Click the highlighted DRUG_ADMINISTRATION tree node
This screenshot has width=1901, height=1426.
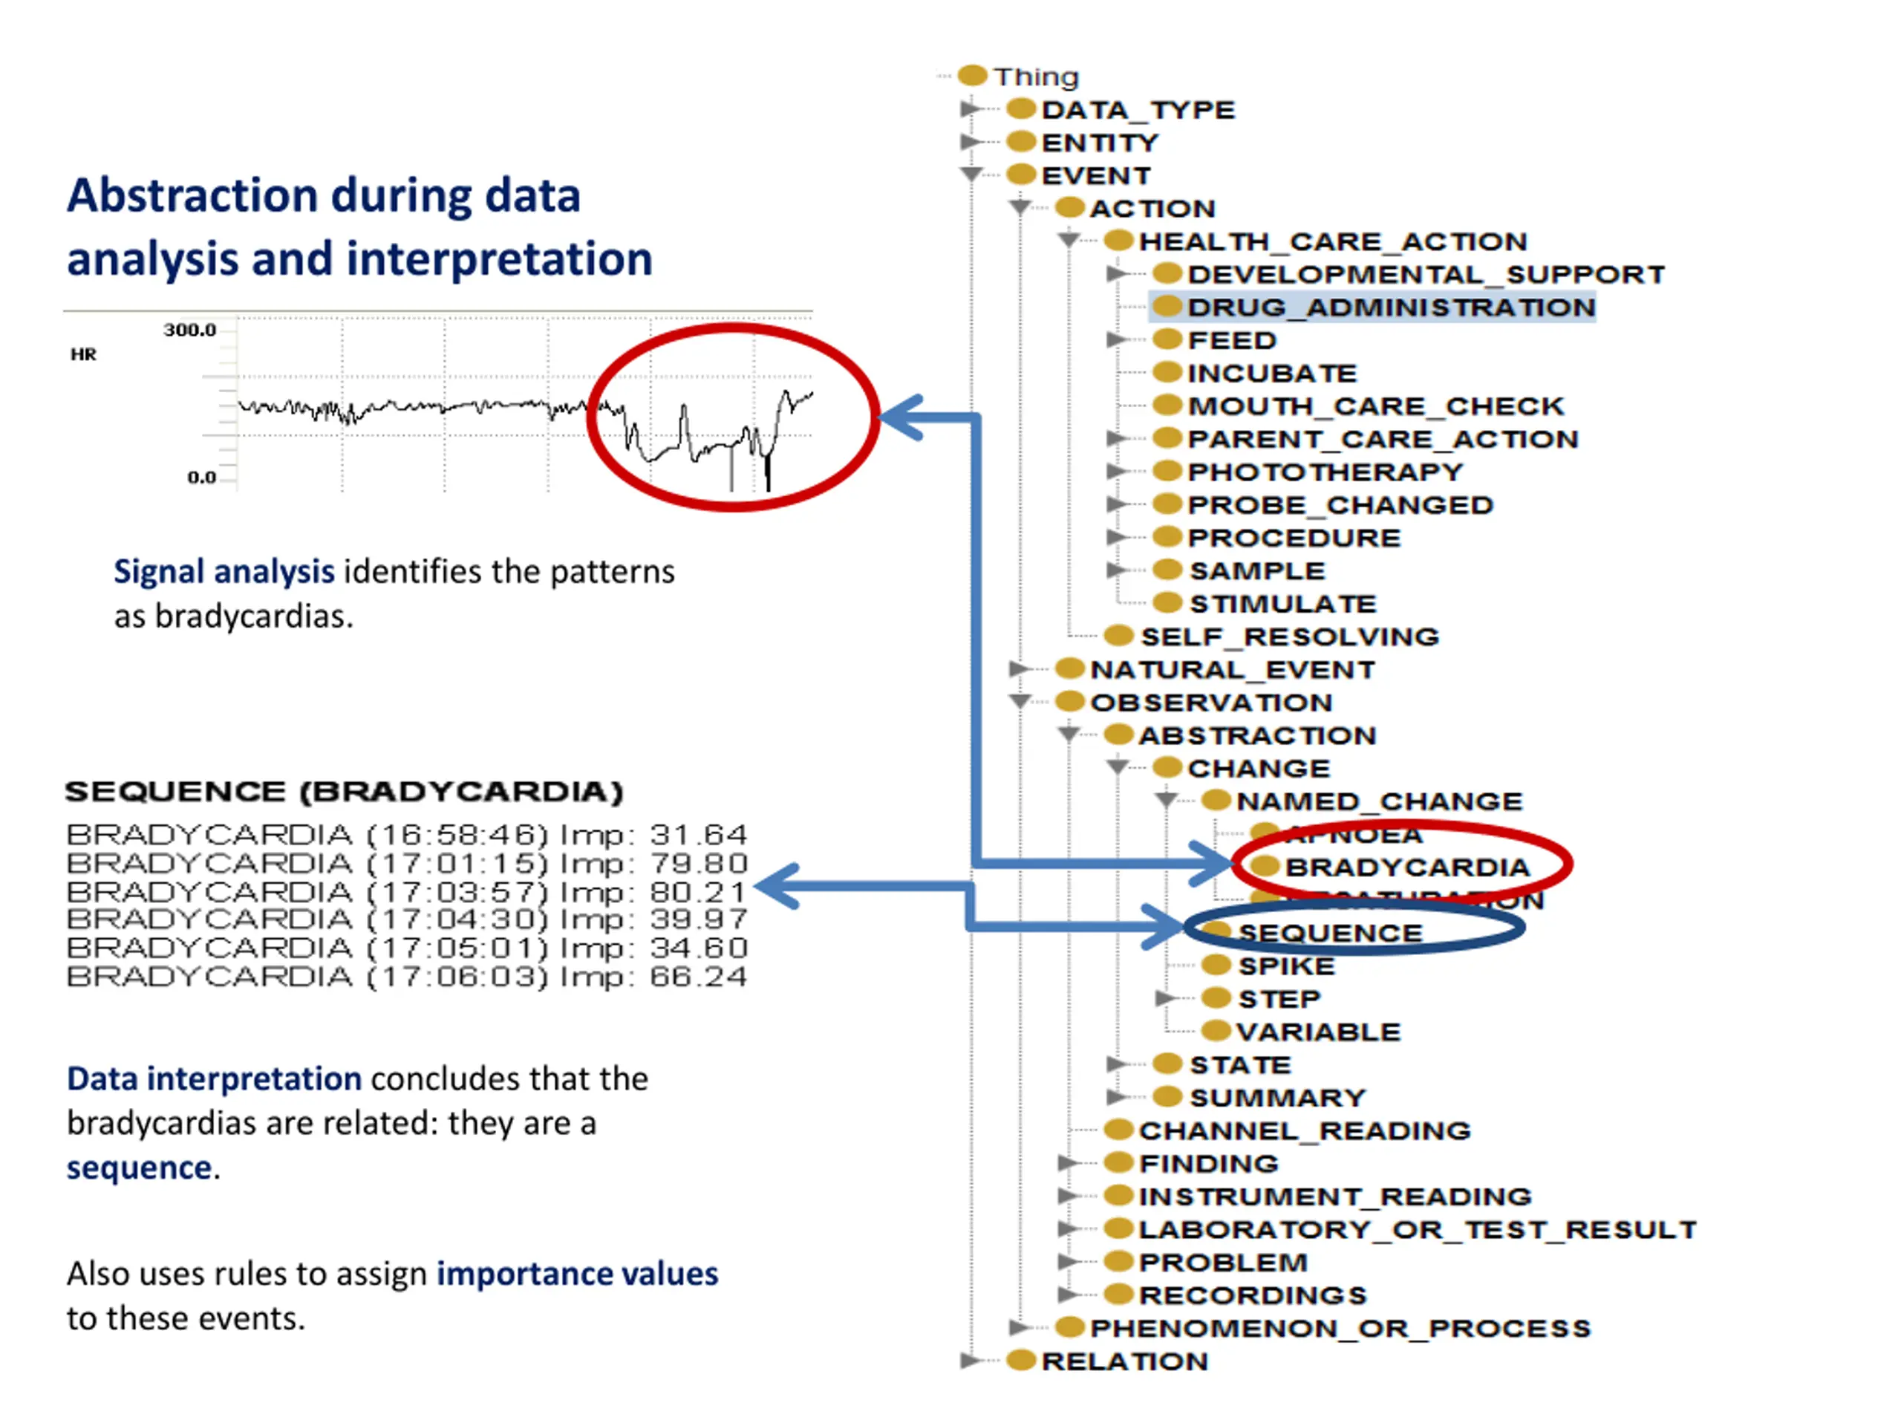point(1391,307)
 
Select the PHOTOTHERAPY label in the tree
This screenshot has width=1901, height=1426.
point(1324,472)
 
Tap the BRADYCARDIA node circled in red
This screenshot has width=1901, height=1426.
point(1407,867)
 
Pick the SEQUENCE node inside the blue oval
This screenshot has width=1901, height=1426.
point(1329,934)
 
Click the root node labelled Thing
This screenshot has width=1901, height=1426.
point(1036,77)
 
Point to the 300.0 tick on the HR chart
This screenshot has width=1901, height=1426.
point(190,330)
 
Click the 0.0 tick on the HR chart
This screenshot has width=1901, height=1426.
point(202,478)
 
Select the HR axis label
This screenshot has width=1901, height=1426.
point(83,354)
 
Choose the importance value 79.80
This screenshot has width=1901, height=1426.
point(698,863)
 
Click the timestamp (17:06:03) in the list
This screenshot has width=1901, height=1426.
point(457,977)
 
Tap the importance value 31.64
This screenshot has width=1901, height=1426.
point(698,835)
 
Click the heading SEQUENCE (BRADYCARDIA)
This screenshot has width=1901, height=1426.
point(344,792)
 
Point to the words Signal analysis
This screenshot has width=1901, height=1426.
point(224,572)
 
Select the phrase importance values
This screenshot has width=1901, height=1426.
point(577,1274)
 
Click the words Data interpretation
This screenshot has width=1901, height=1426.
point(214,1078)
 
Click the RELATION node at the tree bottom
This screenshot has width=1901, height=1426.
point(1124,1361)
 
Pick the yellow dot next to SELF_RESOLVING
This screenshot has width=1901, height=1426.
point(1118,636)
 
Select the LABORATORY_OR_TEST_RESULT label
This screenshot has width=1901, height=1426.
point(1417,1230)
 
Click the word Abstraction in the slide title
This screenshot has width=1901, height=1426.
point(193,195)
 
